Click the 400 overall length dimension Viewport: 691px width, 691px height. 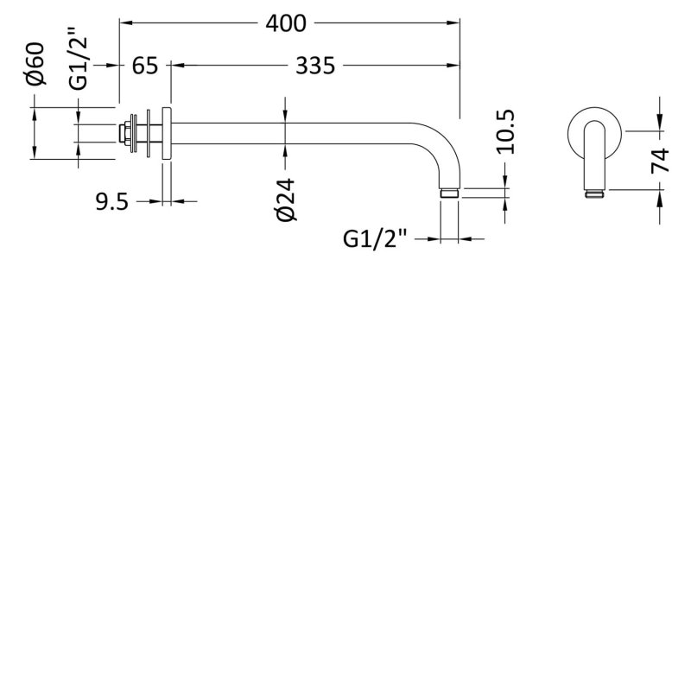[286, 23]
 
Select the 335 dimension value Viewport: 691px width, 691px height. [315, 66]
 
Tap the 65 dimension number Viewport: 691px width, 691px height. [145, 66]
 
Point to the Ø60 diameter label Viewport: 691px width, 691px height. [35, 63]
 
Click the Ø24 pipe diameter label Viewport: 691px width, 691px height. [286, 200]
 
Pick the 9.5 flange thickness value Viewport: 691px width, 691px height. [112, 202]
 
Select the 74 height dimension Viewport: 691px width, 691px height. [661, 161]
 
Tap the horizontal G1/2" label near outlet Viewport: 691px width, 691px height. [374, 239]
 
